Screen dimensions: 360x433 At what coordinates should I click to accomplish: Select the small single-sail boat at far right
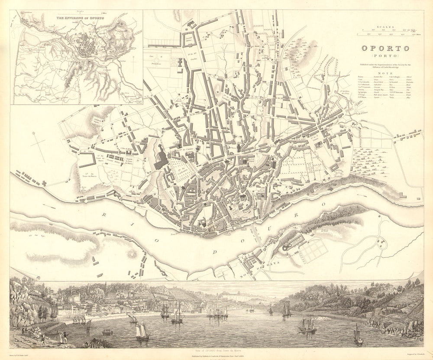pyautogui.click(x=358, y=335)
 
